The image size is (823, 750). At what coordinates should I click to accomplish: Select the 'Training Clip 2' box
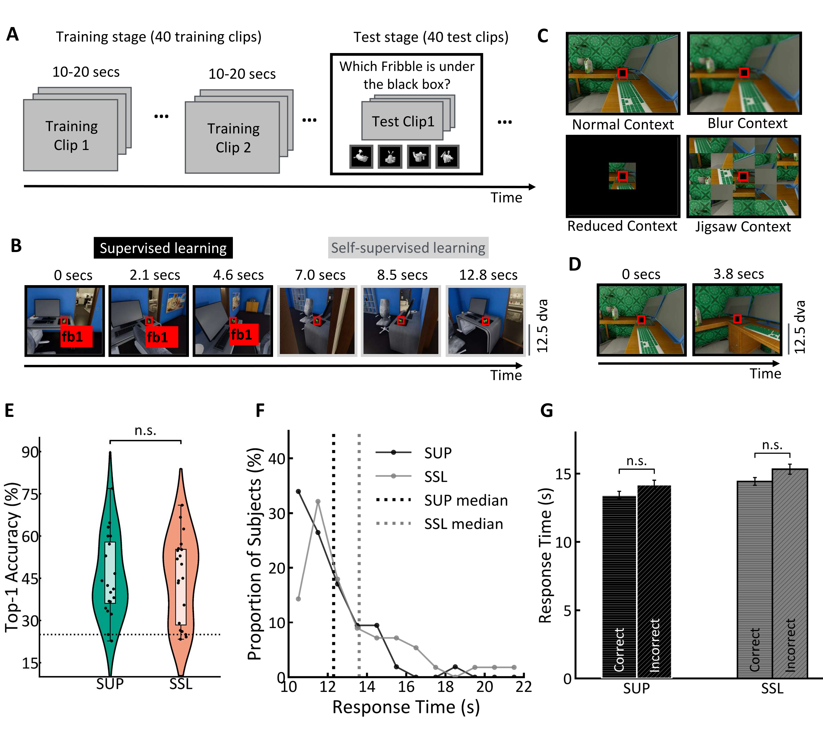click(x=233, y=137)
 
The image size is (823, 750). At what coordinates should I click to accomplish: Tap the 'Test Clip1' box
click(x=403, y=121)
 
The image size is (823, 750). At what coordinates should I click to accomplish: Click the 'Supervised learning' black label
click(x=163, y=248)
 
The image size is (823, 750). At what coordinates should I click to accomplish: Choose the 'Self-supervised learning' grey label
click(x=408, y=248)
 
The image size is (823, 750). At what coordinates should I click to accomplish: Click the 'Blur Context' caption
click(x=747, y=123)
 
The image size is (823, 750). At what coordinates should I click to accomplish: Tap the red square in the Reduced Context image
click(x=622, y=176)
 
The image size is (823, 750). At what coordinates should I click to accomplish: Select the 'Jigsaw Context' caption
click(x=743, y=226)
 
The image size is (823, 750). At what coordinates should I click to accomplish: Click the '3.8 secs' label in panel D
click(x=738, y=274)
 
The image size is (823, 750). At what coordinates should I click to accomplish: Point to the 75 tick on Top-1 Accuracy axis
click(x=30, y=494)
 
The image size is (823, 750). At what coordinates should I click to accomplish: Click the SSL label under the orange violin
click(x=180, y=684)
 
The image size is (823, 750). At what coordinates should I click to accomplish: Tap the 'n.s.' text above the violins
click(x=145, y=430)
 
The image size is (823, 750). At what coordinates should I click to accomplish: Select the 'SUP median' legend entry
click(x=465, y=500)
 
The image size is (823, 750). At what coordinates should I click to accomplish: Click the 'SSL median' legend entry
click(x=463, y=524)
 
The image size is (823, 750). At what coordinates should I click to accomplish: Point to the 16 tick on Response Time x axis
click(x=406, y=687)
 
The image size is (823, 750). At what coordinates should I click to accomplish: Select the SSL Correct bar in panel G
click(x=754, y=579)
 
